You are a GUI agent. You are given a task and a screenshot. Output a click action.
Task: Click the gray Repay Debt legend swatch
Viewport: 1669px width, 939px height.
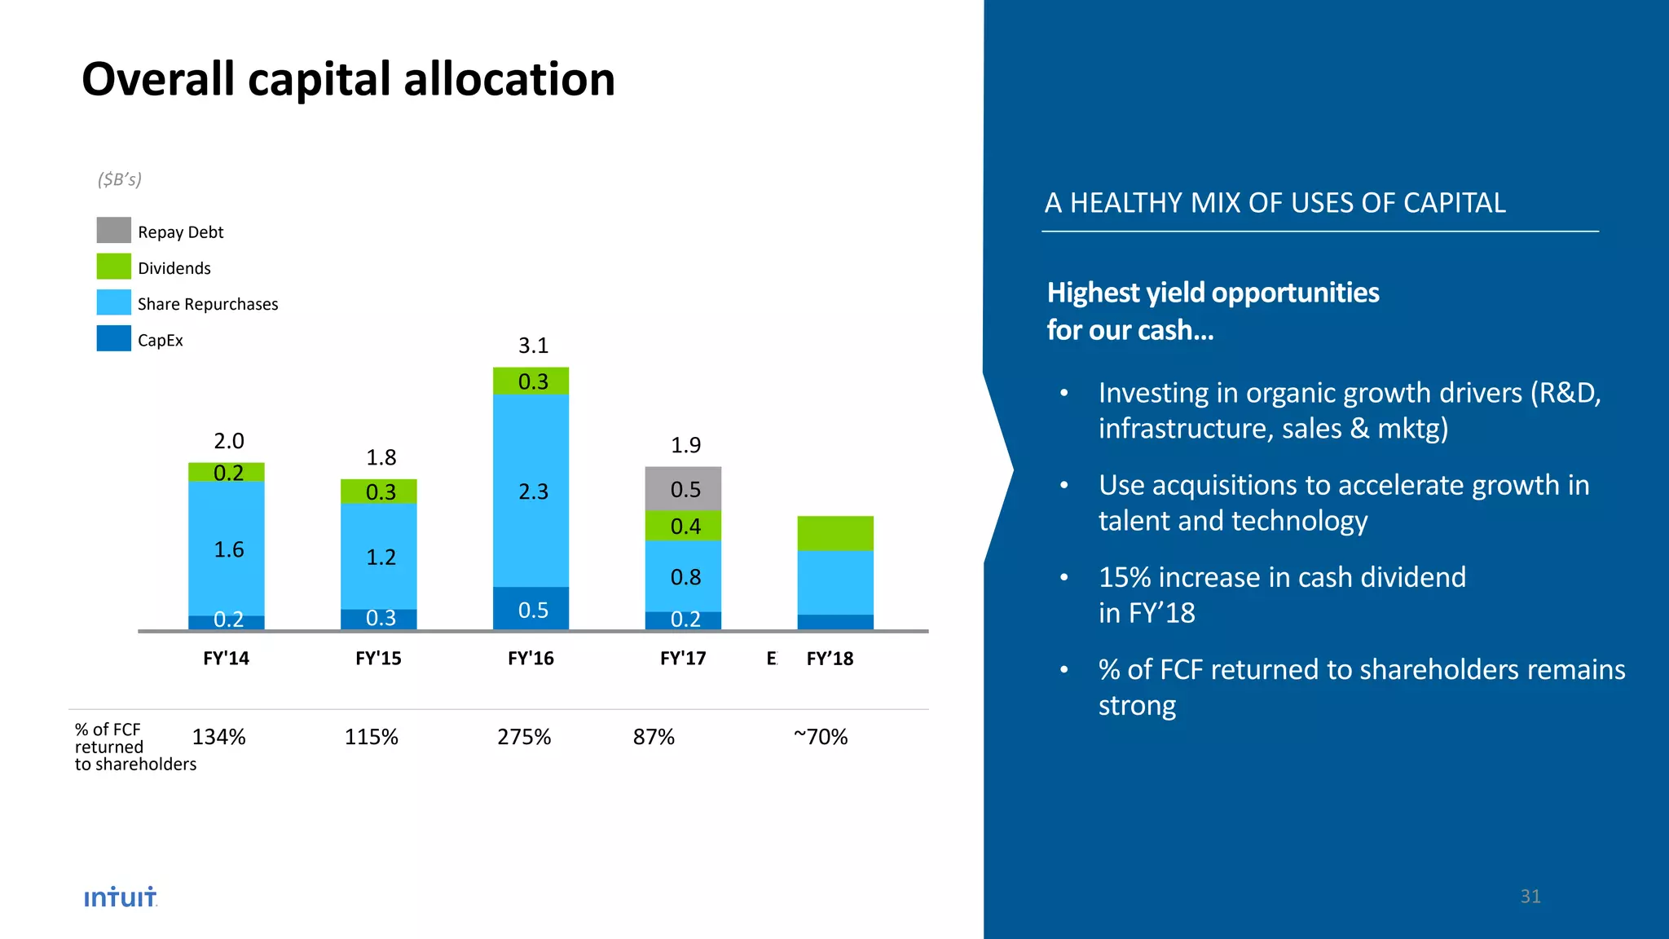pos(113,230)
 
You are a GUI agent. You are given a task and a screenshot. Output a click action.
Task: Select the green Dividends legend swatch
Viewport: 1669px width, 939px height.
pos(113,267)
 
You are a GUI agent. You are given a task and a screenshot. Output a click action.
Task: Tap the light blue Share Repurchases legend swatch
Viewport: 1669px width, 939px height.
pos(113,302)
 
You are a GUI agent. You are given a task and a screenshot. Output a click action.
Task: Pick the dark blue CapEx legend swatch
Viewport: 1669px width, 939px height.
pos(113,338)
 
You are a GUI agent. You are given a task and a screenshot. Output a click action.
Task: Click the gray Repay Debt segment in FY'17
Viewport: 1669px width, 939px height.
pos(683,488)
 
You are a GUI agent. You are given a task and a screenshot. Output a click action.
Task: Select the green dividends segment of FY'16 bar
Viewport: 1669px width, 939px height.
pos(531,381)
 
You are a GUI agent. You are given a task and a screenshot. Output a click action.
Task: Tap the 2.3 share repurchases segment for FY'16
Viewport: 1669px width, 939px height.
pos(531,491)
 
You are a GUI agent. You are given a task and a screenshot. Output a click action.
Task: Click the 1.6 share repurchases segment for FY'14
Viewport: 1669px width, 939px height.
pos(227,549)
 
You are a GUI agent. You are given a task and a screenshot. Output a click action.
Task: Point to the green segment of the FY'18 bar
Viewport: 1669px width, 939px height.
pos(835,533)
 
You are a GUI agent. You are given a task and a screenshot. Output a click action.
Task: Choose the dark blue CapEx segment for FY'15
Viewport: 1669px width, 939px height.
pos(379,619)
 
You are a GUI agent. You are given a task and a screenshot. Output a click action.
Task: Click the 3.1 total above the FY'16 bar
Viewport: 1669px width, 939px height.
pos(533,346)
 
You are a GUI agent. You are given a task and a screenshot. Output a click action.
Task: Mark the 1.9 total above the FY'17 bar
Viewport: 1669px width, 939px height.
pos(685,445)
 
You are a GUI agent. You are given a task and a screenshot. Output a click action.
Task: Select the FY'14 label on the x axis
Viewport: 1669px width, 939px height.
pos(226,659)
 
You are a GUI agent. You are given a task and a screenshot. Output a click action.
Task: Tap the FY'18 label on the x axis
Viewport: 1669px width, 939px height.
pos(830,659)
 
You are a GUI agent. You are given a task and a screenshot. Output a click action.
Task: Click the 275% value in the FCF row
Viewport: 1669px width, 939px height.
pos(524,737)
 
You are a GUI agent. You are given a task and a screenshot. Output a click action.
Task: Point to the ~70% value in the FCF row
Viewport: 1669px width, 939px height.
pos(820,737)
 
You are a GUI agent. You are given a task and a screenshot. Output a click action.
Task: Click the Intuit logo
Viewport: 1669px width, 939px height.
pos(120,897)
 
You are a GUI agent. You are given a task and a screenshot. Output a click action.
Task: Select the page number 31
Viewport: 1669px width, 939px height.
pos(1530,897)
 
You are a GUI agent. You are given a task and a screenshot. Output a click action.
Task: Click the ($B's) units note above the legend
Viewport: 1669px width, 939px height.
pos(120,179)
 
